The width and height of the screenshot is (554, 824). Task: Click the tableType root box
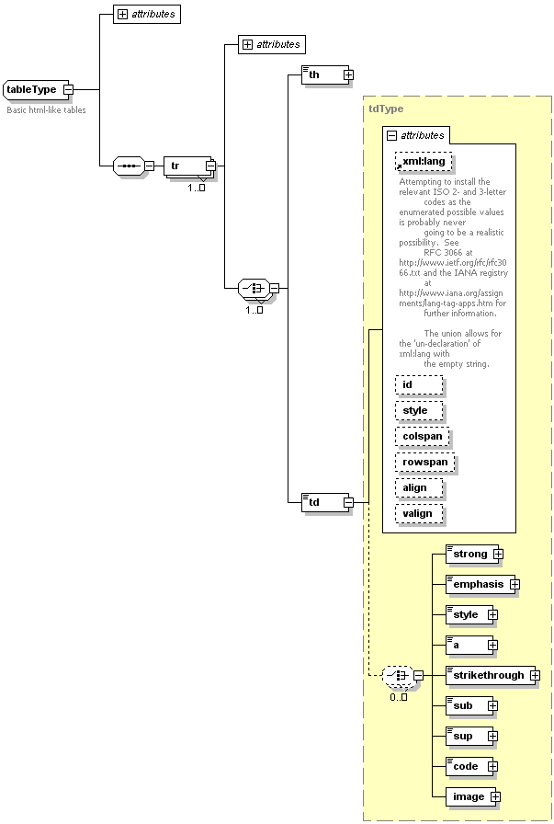coord(33,89)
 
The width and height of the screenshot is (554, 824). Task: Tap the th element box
coord(321,74)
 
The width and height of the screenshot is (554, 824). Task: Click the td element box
coord(321,502)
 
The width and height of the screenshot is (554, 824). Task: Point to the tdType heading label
coord(385,109)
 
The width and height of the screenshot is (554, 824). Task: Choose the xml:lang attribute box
coord(424,162)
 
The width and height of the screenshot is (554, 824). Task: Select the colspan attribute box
coord(422,436)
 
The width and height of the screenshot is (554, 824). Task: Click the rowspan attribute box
coord(424,462)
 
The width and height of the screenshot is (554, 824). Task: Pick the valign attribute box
coord(419,513)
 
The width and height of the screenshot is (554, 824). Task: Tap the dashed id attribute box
coord(419,384)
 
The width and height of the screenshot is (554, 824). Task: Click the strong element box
coord(469,554)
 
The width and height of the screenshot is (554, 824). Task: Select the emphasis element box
coord(478,584)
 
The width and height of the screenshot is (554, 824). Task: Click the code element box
coord(467,766)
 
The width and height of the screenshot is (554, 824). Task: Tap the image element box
coord(469,796)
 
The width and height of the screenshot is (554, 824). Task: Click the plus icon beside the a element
coord(492,645)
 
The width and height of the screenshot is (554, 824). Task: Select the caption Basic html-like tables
coord(46,109)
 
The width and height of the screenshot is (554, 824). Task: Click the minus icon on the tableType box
coord(68,89)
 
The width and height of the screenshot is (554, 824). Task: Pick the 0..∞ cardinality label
coord(398,697)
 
